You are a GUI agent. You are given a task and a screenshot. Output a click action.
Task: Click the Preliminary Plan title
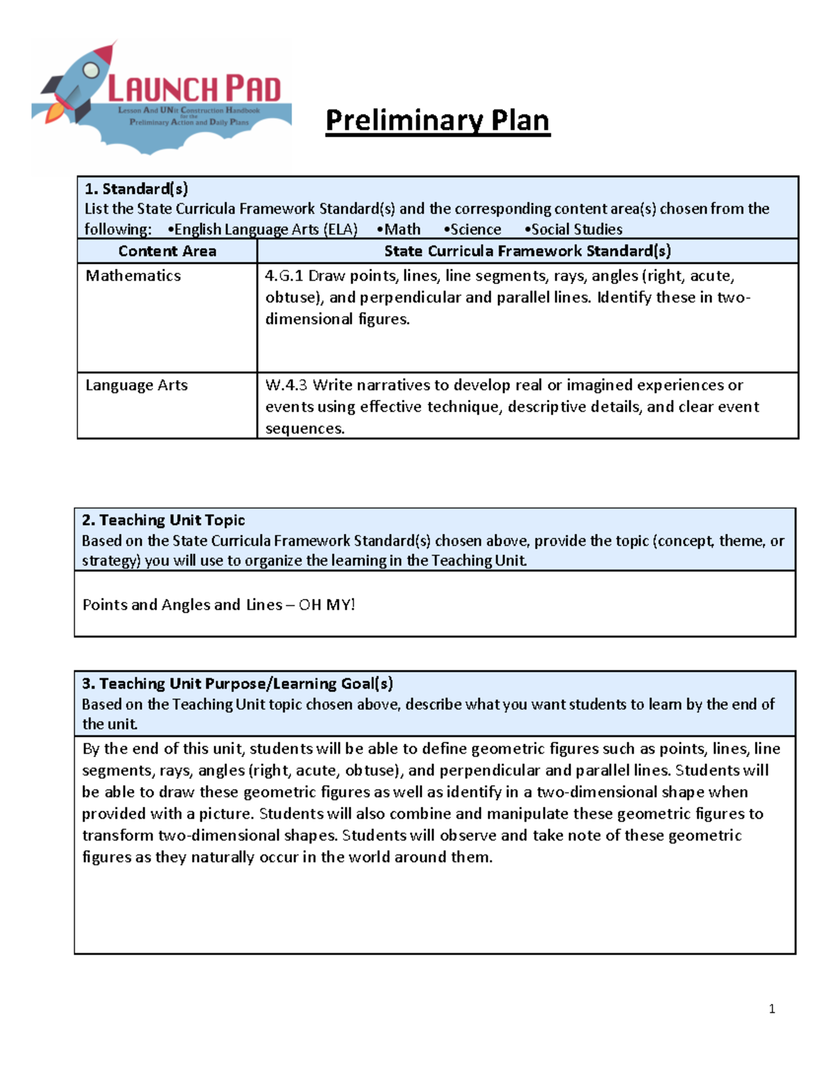click(437, 121)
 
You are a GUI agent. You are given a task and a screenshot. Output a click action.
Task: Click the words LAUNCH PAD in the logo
click(194, 89)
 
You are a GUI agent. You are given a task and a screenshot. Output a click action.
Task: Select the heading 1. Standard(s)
click(136, 188)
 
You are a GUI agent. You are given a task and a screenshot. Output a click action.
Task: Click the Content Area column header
click(167, 251)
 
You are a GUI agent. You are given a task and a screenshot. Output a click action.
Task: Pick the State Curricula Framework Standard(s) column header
click(527, 251)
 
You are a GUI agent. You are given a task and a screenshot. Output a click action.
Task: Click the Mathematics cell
click(133, 276)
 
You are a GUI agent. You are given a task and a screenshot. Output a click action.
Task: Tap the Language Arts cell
click(136, 385)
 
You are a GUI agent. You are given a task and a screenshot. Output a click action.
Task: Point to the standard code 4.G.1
click(284, 276)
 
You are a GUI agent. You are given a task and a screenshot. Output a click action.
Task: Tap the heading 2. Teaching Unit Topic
click(163, 520)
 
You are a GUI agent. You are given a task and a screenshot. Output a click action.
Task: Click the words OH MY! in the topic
click(327, 605)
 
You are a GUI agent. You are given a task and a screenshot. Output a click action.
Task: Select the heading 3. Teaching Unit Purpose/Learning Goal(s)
click(237, 683)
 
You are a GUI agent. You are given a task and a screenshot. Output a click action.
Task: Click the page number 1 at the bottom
click(772, 1009)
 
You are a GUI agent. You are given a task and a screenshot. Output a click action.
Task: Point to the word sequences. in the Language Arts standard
click(305, 429)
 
